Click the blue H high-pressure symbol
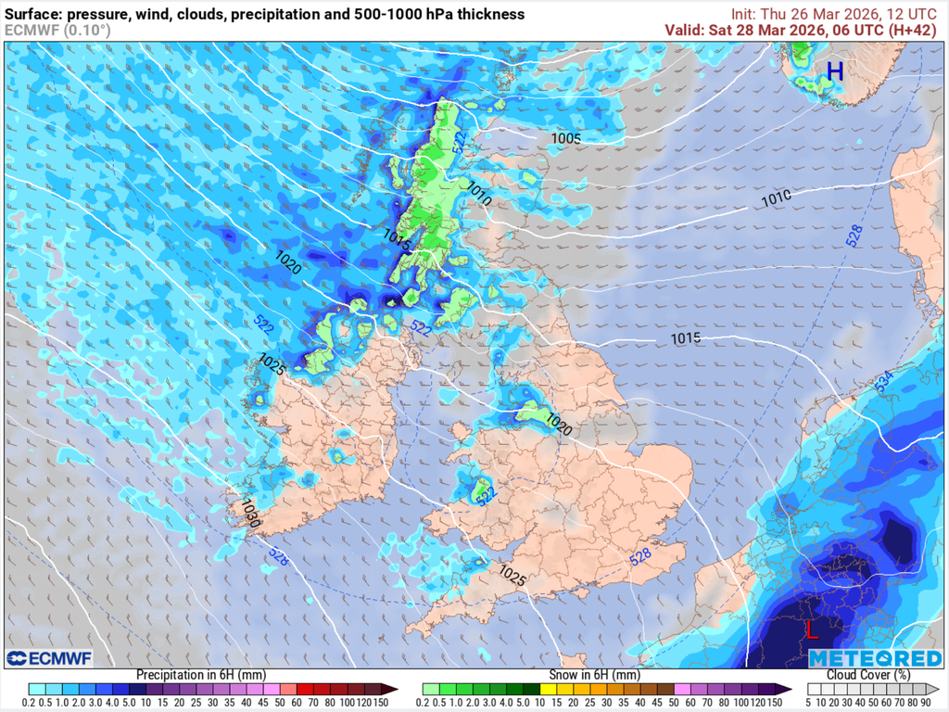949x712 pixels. point(835,70)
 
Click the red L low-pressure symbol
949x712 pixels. point(812,631)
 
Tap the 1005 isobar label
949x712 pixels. point(565,139)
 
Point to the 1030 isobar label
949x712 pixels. point(249,514)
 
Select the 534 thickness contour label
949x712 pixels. point(883,381)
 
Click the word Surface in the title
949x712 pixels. point(34,14)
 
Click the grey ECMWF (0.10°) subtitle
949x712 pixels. point(57,30)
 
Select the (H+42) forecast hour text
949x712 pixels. point(913,30)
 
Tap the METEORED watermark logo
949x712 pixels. point(875,658)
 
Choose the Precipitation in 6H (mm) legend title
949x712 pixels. point(201,674)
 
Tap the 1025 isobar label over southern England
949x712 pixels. point(512,576)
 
